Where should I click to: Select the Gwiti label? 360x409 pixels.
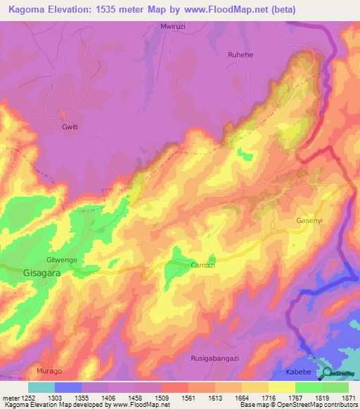70,127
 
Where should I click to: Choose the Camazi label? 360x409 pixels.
202,265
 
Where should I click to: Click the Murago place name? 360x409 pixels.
49,370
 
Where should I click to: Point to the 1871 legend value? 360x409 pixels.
349,396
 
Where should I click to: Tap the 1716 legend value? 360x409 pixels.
269,396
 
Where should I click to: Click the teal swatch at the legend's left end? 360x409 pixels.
41,387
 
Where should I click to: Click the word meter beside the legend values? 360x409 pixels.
9,396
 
